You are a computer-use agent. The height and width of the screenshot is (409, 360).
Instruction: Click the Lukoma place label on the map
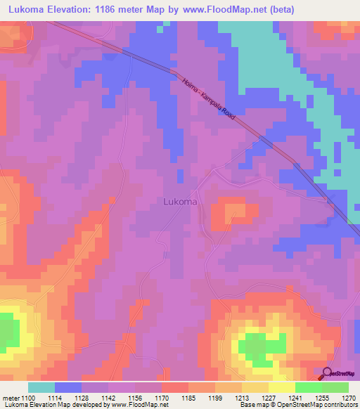pos(179,201)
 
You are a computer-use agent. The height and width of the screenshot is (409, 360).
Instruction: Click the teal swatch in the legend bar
pos(41,387)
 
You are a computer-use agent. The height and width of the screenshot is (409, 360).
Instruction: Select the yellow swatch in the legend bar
pos(282,387)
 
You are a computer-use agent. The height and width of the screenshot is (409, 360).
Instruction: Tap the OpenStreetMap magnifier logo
pos(327,373)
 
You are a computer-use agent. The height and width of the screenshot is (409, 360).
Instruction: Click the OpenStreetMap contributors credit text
pos(323,405)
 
